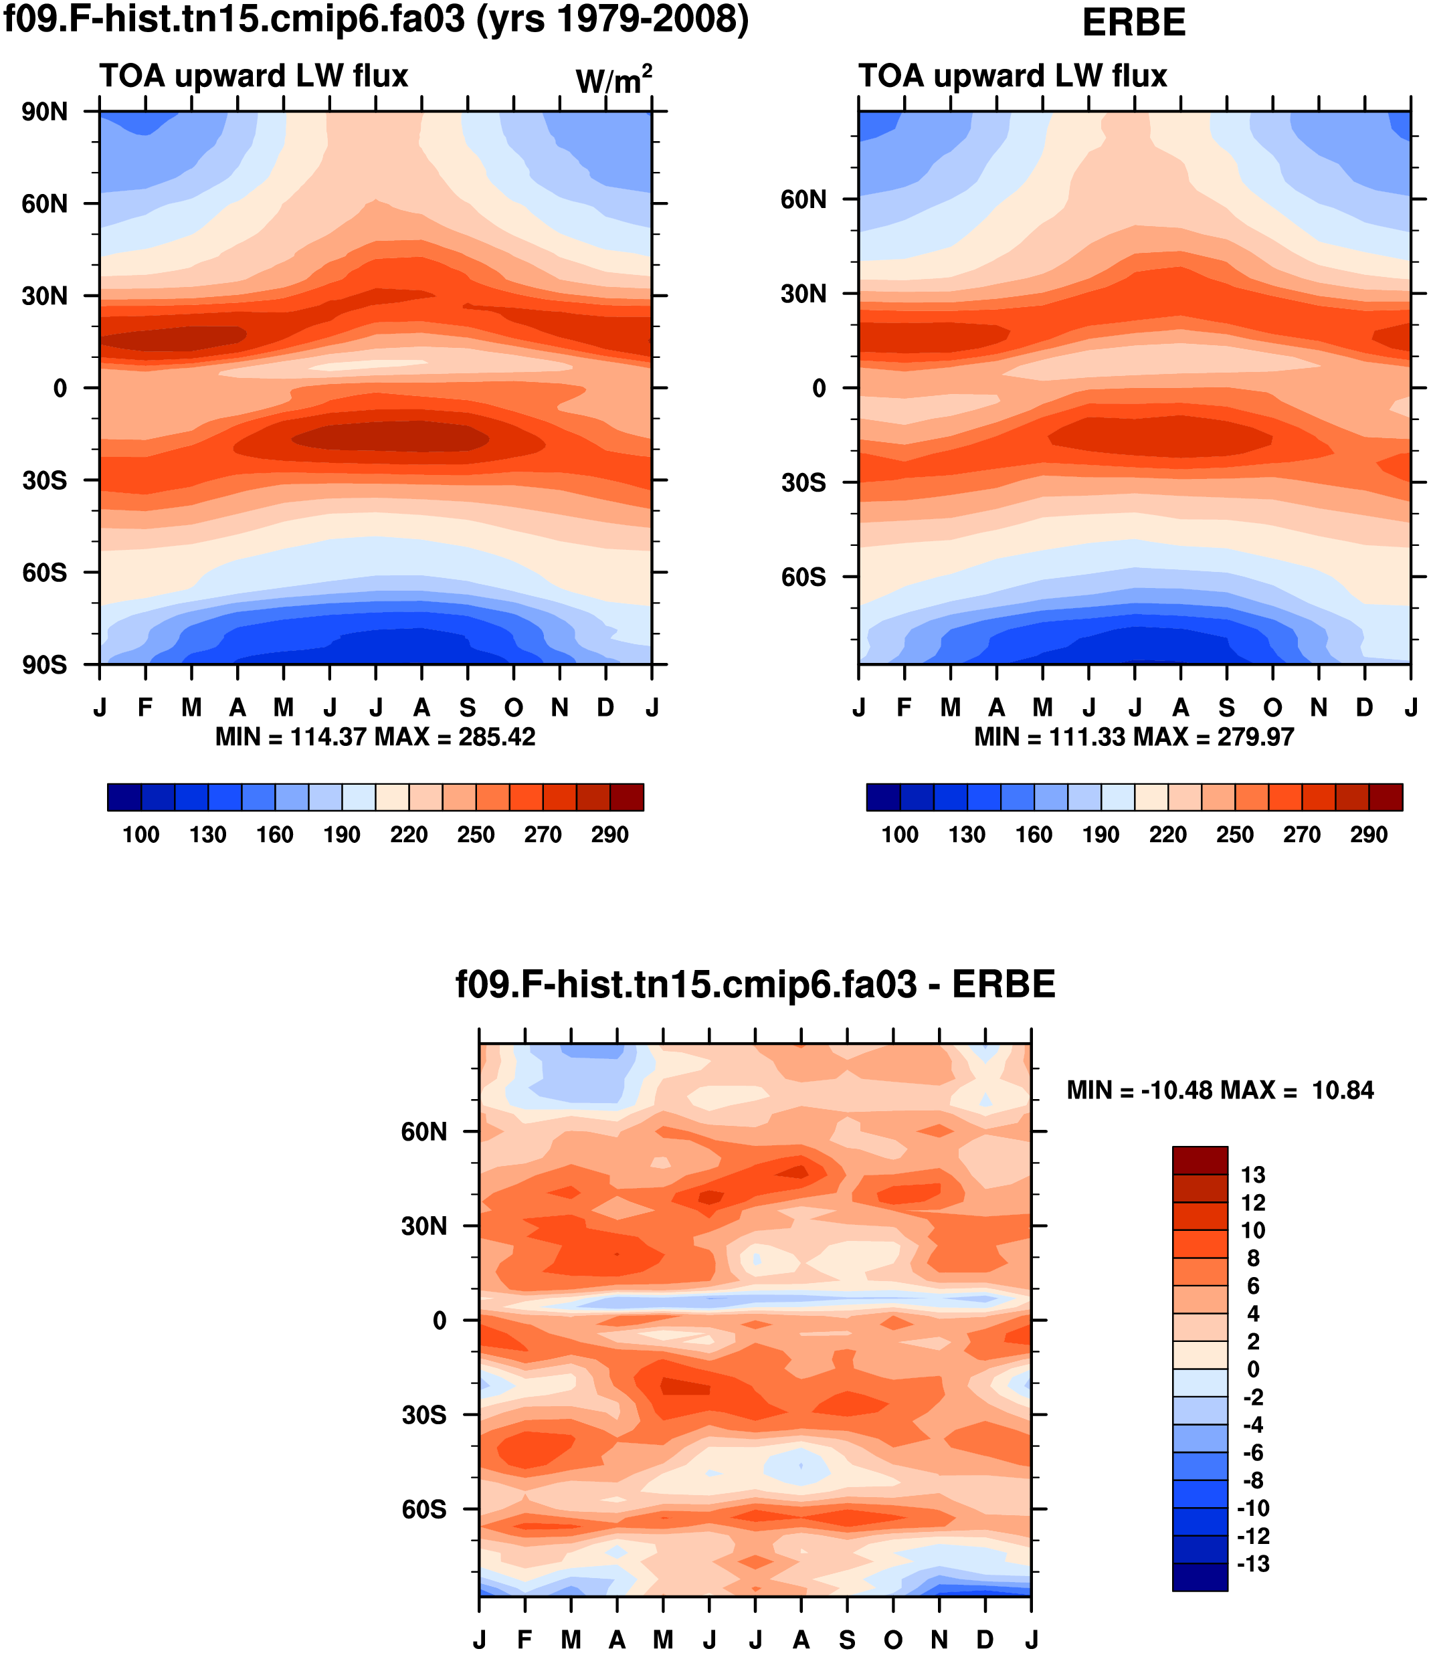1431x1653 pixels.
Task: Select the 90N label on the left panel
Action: pyautogui.click(x=45, y=112)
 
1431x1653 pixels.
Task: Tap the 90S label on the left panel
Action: pyautogui.click(x=45, y=664)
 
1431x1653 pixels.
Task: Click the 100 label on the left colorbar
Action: pyautogui.click(x=140, y=834)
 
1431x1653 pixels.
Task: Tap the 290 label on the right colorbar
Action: pyautogui.click(x=1369, y=834)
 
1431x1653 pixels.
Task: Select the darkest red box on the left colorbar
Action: pyautogui.click(x=627, y=797)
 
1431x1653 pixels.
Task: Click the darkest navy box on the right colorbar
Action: pyautogui.click(x=883, y=797)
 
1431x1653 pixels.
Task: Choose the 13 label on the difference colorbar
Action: pyautogui.click(x=1253, y=1175)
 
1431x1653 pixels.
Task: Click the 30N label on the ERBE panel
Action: pyautogui.click(x=803, y=294)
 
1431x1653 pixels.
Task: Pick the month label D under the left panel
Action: pyautogui.click(x=605, y=708)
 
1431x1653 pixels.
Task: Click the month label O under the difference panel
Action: pyautogui.click(x=892, y=1640)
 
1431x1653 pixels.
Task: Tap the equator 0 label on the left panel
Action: pyautogui.click(x=60, y=388)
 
